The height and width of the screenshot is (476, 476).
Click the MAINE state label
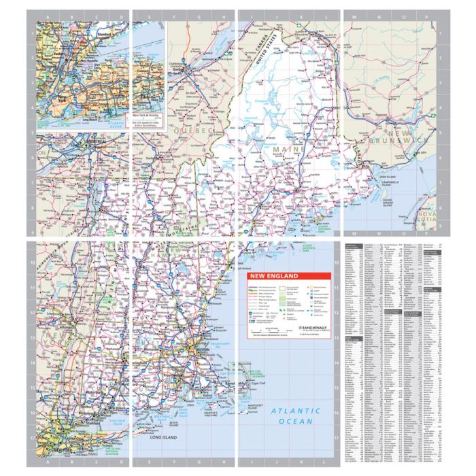[286, 148]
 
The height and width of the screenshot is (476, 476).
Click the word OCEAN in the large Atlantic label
[294, 422]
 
